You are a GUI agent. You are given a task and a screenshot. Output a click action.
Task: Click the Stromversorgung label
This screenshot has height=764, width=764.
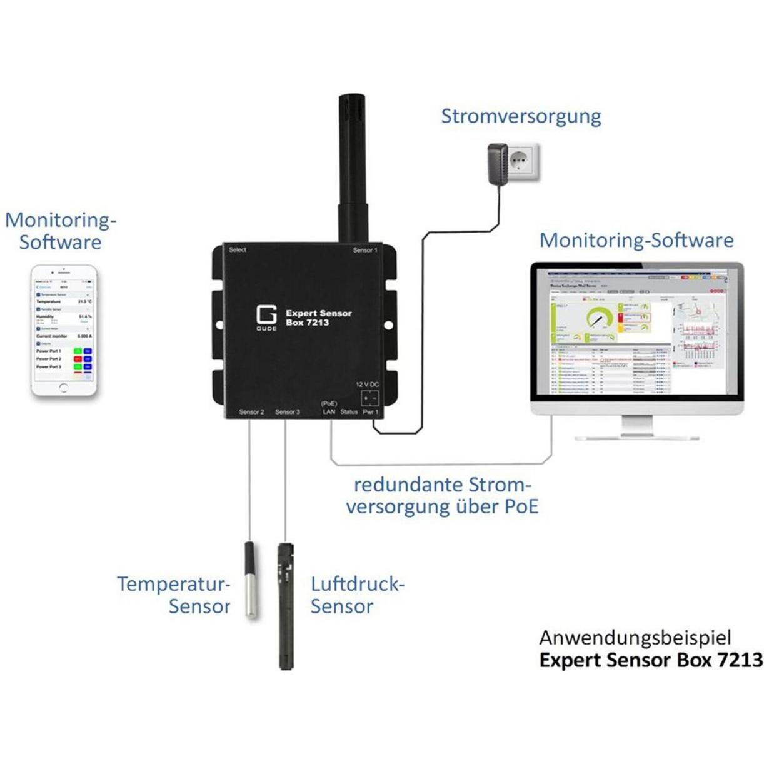(521, 116)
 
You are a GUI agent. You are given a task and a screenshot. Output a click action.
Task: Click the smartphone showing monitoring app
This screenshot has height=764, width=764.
(64, 330)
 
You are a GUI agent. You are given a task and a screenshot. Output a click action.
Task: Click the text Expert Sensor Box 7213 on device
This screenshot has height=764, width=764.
(318, 318)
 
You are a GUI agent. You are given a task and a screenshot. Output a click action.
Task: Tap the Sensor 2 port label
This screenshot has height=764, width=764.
(251, 412)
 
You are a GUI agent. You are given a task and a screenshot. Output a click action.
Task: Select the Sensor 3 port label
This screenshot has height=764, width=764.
(288, 412)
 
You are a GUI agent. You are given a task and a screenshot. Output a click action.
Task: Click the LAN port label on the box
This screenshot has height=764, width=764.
(329, 411)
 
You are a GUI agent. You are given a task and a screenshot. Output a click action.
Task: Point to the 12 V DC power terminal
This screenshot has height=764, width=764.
(369, 398)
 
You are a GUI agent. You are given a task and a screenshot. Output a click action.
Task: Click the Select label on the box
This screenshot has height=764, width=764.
(238, 250)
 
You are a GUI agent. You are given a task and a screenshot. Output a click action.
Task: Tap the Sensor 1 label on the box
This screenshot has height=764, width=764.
(365, 250)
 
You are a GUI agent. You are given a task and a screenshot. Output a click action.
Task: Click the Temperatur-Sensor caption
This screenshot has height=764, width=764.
(174, 595)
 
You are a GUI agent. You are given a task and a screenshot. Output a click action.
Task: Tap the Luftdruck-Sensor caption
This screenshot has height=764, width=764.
(357, 595)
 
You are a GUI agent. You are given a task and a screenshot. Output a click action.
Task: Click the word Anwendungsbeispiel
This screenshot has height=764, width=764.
(635, 638)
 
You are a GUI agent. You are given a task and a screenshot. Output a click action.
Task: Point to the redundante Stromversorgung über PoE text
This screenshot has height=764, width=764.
(442, 495)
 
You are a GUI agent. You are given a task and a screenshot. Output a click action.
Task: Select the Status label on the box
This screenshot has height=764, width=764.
(349, 411)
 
